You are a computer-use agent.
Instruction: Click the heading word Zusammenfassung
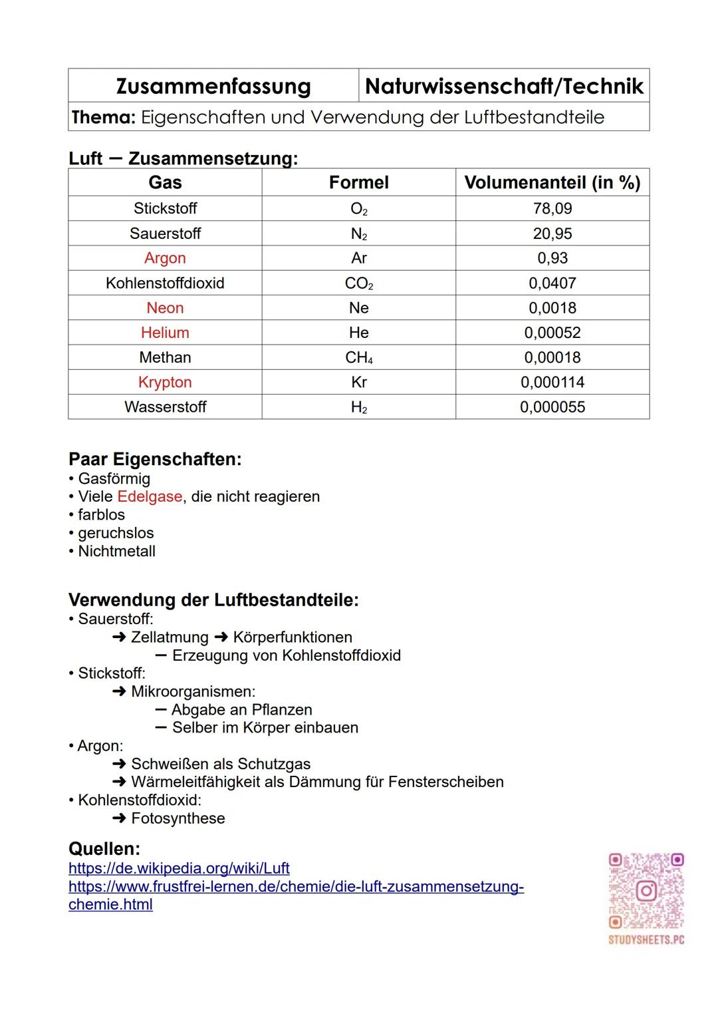pyautogui.click(x=213, y=86)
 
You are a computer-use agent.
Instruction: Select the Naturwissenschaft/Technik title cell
pyautogui.click(x=504, y=86)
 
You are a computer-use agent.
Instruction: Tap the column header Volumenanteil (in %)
pyautogui.click(x=552, y=182)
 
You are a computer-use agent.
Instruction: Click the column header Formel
pyautogui.click(x=358, y=182)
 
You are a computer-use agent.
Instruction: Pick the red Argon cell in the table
pyautogui.click(x=165, y=258)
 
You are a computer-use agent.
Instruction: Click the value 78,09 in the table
pyautogui.click(x=552, y=208)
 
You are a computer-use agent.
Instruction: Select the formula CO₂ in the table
pyautogui.click(x=358, y=283)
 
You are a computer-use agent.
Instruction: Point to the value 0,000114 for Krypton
pyautogui.click(x=552, y=383)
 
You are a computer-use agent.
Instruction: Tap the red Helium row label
pyautogui.click(x=165, y=333)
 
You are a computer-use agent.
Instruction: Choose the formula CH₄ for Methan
pyautogui.click(x=358, y=358)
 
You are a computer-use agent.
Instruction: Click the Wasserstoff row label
pyautogui.click(x=165, y=407)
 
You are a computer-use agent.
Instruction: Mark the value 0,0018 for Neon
pyautogui.click(x=552, y=308)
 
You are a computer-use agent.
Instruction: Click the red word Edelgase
pyautogui.click(x=150, y=497)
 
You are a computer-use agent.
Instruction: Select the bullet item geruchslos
pyautogui.click(x=116, y=533)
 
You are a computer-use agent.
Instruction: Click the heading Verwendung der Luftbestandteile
pyautogui.click(x=213, y=600)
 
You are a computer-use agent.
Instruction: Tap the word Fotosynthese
pyautogui.click(x=178, y=818)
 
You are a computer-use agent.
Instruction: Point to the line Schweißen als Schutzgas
pyautogui.click(x=221, y=764)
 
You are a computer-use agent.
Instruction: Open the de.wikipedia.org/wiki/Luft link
pyautogui.click(x=179, y=868)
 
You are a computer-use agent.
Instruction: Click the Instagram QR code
pyautogui.click(x=646, y=891)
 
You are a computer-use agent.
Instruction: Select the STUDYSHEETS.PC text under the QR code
pyautogui.click(x=646, y=940)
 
